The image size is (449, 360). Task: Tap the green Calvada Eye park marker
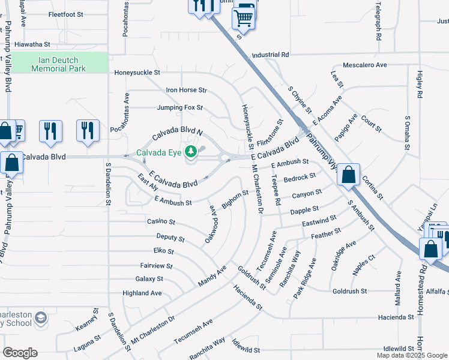tap(191, 151)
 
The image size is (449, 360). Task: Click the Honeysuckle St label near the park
tap(137, 73)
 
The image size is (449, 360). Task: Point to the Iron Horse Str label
tap(186, 91)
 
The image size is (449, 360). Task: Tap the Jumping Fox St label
tap(180, 109)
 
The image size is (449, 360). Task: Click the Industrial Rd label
tap(271, 55)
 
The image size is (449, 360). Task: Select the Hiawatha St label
tap(40, 44)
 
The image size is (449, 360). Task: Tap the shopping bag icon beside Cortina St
tap(349, 175)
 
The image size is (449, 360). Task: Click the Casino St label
tap(160, 222)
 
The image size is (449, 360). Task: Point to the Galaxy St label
tap(149, 279)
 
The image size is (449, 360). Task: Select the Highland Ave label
tap(142, 293)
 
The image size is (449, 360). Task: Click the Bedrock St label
tap(300, 178)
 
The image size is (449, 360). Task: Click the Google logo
tap(20, 352)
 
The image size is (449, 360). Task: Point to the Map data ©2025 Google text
tap(411, 355)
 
